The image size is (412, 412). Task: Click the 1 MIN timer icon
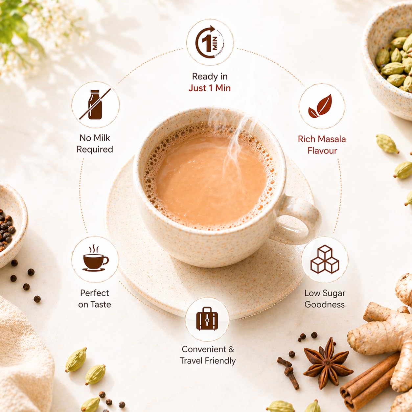click(x=210, y=42)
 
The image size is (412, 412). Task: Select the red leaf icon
click(x=320, y=106)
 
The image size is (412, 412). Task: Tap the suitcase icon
click(x=207, y=319)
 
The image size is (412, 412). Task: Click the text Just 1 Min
click(x=210, y=88)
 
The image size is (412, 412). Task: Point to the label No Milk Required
click(x=95, y=144)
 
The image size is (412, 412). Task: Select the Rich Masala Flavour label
click(x=322, y=145)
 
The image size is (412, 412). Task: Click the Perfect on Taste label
click(x=95, y=299)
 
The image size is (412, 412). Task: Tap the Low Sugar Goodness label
click(x=325, y=299)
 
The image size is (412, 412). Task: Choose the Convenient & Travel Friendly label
click(x=208, y=355)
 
